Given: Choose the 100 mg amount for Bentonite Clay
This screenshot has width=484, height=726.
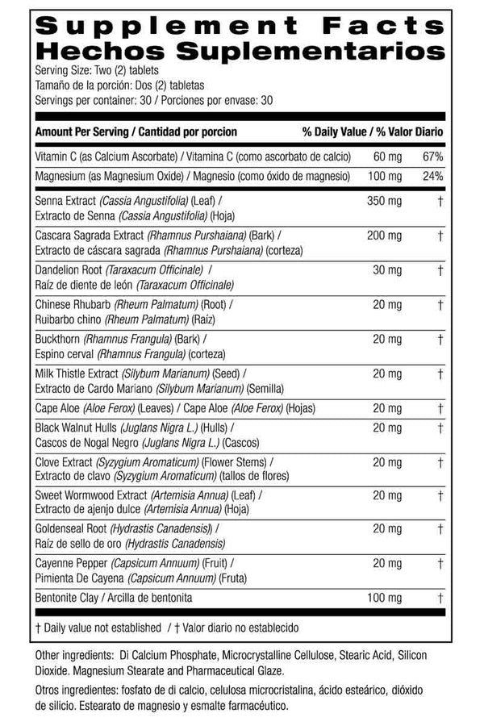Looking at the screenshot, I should pyautogui.click(x=383, y=598).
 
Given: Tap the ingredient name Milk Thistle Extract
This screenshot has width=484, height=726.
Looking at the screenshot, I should pyautogui.click(x=77, y=373).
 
